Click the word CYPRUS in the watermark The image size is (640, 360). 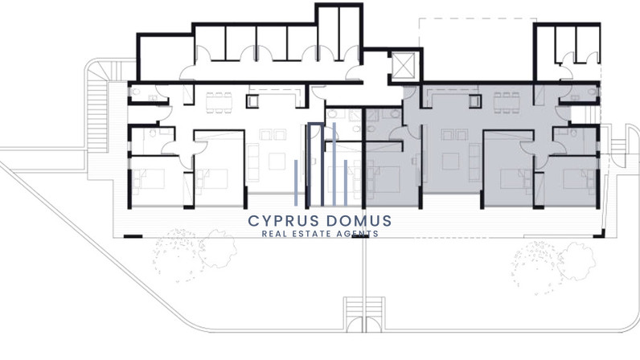tap(284, 221)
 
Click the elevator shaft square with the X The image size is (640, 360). tap(404, 65)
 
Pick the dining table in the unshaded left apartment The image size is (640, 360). tap(219, 102)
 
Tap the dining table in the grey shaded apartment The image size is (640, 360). tap(507, 102)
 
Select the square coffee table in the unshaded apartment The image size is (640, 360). tap(277, 162)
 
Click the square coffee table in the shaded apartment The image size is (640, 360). tap(450, 162)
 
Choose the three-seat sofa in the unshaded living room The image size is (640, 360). tap(253, 162)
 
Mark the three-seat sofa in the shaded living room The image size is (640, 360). tap(474, 162)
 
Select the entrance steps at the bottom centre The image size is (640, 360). tap(363, 313)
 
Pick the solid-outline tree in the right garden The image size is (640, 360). tap(576, 262)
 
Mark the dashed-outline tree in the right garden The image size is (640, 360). tap(535, 268)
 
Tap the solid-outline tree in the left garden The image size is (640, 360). tap(217, 248)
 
